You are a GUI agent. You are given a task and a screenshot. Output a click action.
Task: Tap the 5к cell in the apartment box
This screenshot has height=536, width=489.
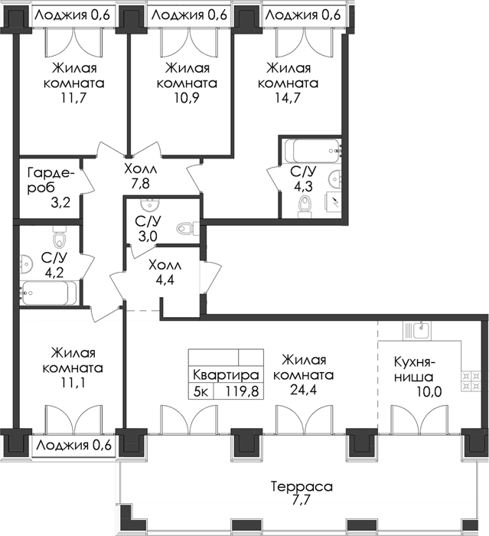point(201,391)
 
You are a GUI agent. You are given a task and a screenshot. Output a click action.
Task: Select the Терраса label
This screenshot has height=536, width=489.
point(302,486)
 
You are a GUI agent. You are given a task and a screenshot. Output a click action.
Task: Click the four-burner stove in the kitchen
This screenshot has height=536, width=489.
point(471,382)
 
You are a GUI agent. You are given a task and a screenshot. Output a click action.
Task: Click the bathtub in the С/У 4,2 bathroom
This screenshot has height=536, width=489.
point(48,293)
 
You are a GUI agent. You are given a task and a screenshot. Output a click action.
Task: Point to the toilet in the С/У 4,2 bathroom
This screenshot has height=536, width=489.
point(59,236)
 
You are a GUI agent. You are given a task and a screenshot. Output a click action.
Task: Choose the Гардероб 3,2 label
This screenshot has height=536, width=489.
point(50,188)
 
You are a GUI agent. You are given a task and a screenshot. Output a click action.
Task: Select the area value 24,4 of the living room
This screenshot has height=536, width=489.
point(304,389)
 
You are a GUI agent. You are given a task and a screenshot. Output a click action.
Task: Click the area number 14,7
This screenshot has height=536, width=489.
point(288,98)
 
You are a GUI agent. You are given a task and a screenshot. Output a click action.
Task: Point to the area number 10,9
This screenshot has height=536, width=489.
point(187,98)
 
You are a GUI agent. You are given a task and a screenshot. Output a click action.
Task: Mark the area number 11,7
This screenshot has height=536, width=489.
point(73,98)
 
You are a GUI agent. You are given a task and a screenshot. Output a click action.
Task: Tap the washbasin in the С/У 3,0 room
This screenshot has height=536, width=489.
point(149,205)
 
